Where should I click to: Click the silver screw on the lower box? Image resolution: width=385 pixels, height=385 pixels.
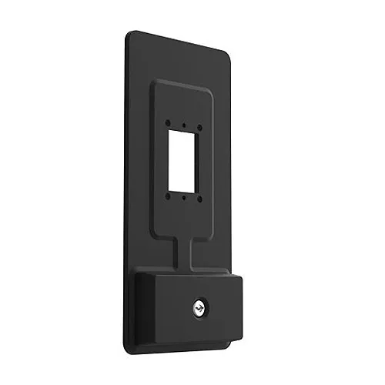point(199,309)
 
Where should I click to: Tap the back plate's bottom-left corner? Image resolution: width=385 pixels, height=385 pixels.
point(128,336)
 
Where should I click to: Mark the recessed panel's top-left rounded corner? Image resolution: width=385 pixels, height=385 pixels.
point(157,82)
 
